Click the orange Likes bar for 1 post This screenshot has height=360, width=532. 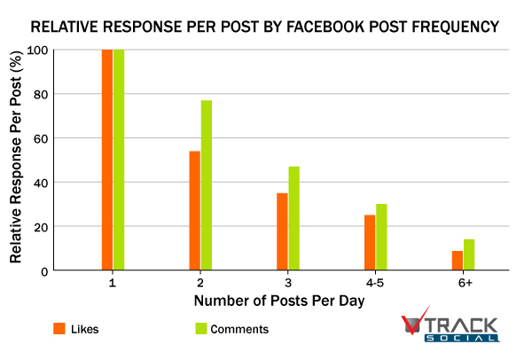point(107,160)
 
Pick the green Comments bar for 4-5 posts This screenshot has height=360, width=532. point(380,237)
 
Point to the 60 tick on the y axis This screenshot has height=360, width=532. point(41,138)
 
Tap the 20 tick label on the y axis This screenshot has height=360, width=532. point(41,227)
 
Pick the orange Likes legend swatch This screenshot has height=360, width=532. point(60,328)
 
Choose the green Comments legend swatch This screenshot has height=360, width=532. point(201,328)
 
